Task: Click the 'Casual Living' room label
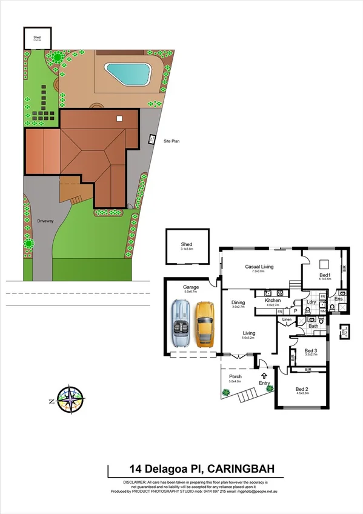click(259, 266)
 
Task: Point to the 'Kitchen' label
click(273, 300)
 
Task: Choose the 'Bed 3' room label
click(310, 350)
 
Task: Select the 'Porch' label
click(235, 376)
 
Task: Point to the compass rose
click(72, 401)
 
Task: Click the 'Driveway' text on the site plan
click(45, 221)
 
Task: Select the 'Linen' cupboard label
click(287, 319)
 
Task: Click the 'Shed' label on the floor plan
click(186, 244)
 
